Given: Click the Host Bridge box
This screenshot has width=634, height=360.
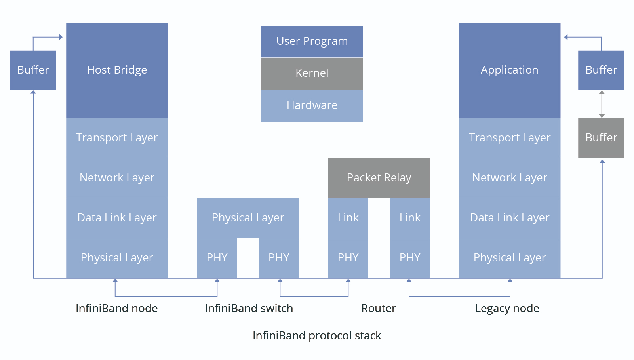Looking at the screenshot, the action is tap(117, 70).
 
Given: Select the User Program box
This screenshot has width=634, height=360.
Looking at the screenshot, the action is tap(312, 42).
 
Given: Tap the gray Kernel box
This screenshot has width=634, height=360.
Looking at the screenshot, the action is tap(312, 74).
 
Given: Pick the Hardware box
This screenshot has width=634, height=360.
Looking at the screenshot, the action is tap(312, 106).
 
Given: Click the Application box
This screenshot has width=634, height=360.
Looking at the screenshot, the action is tap(510, 70).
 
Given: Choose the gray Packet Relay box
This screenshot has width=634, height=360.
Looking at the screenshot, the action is tap(379, 178).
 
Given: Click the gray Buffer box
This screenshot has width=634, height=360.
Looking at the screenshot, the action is tap(601, 138).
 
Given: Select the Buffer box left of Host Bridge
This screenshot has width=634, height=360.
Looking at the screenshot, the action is tap(33, 70).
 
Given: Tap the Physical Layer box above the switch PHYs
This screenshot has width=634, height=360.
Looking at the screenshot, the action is tap(248, 218).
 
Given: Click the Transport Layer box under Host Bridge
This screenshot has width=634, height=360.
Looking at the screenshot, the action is tap(117, 138).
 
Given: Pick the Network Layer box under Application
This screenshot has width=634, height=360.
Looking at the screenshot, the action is tap(510, 178).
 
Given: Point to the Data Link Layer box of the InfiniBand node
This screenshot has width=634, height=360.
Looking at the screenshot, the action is tap(117, 218).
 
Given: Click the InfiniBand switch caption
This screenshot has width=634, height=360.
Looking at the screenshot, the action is tap(249, 308).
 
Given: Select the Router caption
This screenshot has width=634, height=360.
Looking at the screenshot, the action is tap(379, 308).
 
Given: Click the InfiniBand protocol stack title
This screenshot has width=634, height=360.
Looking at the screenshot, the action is tap(317, 336).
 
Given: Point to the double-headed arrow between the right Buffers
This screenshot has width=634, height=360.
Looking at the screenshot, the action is tap(602, 104).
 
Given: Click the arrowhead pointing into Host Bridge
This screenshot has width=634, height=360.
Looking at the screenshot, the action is tap(61, 37).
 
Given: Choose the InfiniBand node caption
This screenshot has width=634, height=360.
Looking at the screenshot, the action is tap(116, 308).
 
